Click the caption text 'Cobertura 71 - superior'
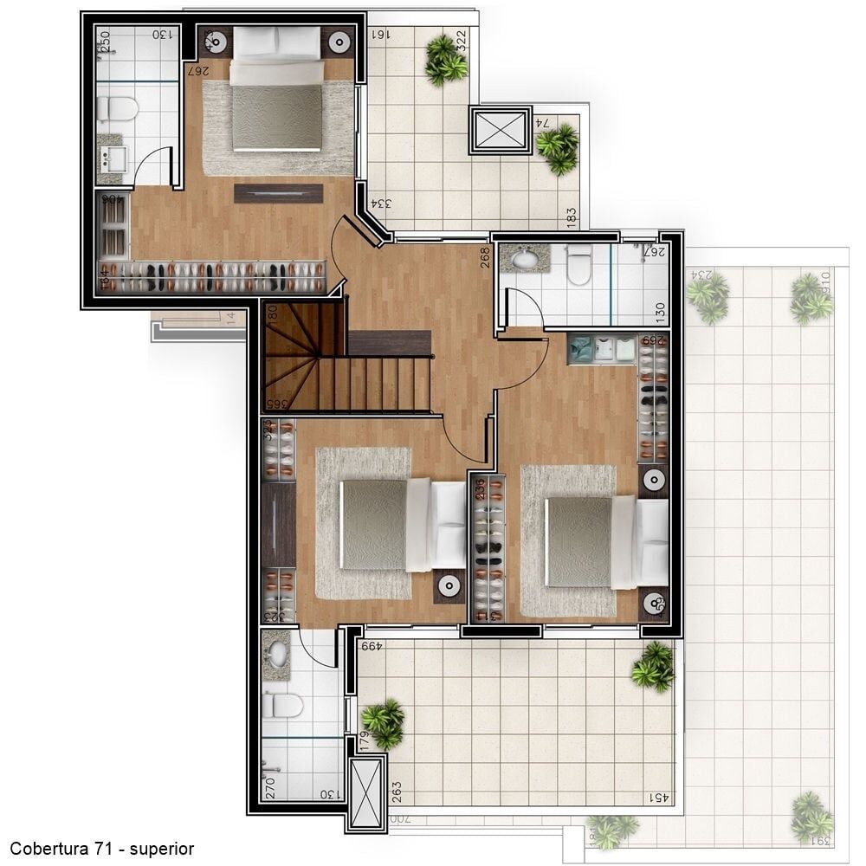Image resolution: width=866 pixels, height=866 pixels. (x=102, y=849)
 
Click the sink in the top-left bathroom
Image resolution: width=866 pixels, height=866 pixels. (x=113, y=158)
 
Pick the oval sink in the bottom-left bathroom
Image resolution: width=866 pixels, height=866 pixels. (x=278, y=653)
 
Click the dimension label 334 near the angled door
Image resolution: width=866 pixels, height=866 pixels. (x=382, y=204)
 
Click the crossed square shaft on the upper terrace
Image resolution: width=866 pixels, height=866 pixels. (x=501, y=131)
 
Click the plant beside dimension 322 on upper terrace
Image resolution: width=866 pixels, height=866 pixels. (x=445, y=59)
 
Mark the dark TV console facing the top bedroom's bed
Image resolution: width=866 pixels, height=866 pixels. (x=279, y=193)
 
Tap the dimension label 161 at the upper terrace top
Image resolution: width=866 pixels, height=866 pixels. (x=379, y=35)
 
